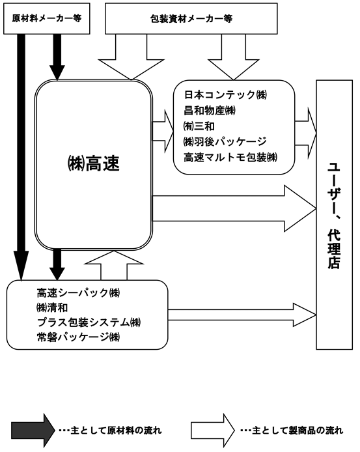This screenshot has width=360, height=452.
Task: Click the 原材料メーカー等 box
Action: [47, 18]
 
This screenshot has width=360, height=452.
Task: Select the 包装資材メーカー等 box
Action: [191, 18]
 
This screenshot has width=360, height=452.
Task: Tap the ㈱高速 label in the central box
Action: [93, 163]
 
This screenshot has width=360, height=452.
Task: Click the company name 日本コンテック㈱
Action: [225, 94]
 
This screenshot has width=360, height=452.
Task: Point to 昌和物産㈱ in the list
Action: [210, 110]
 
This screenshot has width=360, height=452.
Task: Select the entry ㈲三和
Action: [199, 126]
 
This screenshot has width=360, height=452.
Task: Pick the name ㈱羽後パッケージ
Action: [225, 141]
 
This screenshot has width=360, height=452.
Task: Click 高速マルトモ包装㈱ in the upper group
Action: [230, 158]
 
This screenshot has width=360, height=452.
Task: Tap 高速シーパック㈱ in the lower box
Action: [78, 293]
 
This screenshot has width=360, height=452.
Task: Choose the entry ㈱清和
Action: [52, 307]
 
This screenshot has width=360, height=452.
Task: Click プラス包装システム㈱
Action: [89, 322]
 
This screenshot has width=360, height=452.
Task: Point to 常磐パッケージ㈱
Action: [78, 337]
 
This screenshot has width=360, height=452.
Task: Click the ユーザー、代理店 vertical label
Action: [334, 216]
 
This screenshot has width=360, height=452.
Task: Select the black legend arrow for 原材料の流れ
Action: [33, 431]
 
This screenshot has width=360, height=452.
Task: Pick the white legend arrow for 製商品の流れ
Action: [213, 431]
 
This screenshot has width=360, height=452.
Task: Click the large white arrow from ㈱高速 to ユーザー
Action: [234, 208]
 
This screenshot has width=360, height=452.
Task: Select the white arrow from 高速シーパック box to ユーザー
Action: [242, 315]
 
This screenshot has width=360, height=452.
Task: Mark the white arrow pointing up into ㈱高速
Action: [114, 265]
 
